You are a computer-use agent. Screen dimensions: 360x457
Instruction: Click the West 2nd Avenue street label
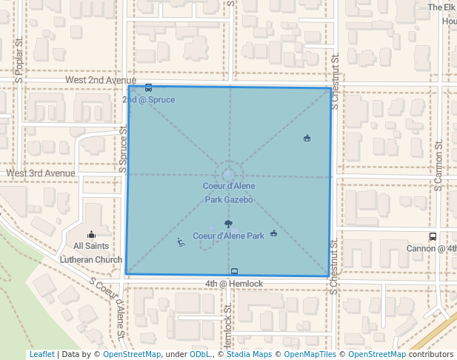(x=100, y=80)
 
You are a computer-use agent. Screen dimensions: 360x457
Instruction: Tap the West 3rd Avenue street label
(x=41, y=173)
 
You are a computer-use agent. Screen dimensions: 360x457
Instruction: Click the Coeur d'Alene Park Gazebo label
(x=229, y=193)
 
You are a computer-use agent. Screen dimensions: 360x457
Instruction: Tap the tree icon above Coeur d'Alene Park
(x=228, y=224)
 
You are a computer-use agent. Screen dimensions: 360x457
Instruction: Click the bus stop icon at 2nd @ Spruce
(x=149, y=88)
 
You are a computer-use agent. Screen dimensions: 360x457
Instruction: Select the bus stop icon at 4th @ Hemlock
(x=235, y=272)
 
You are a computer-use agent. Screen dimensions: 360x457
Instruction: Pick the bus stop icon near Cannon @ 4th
(x=433, y=237)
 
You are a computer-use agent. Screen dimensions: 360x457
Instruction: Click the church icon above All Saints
(x=92, y=234)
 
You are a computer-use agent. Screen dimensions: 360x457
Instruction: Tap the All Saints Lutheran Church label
(x=92, y=253)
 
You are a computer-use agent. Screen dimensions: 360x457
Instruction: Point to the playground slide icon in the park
(x=181, y=241)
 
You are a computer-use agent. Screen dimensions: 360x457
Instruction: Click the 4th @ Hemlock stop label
(x=234, y=284)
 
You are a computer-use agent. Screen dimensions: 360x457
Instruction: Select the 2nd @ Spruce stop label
(x=149, y=99)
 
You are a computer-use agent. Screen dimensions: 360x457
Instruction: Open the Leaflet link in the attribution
(x=41, y=355)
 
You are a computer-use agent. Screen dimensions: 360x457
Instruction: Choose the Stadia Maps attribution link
(x=247, y=355)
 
